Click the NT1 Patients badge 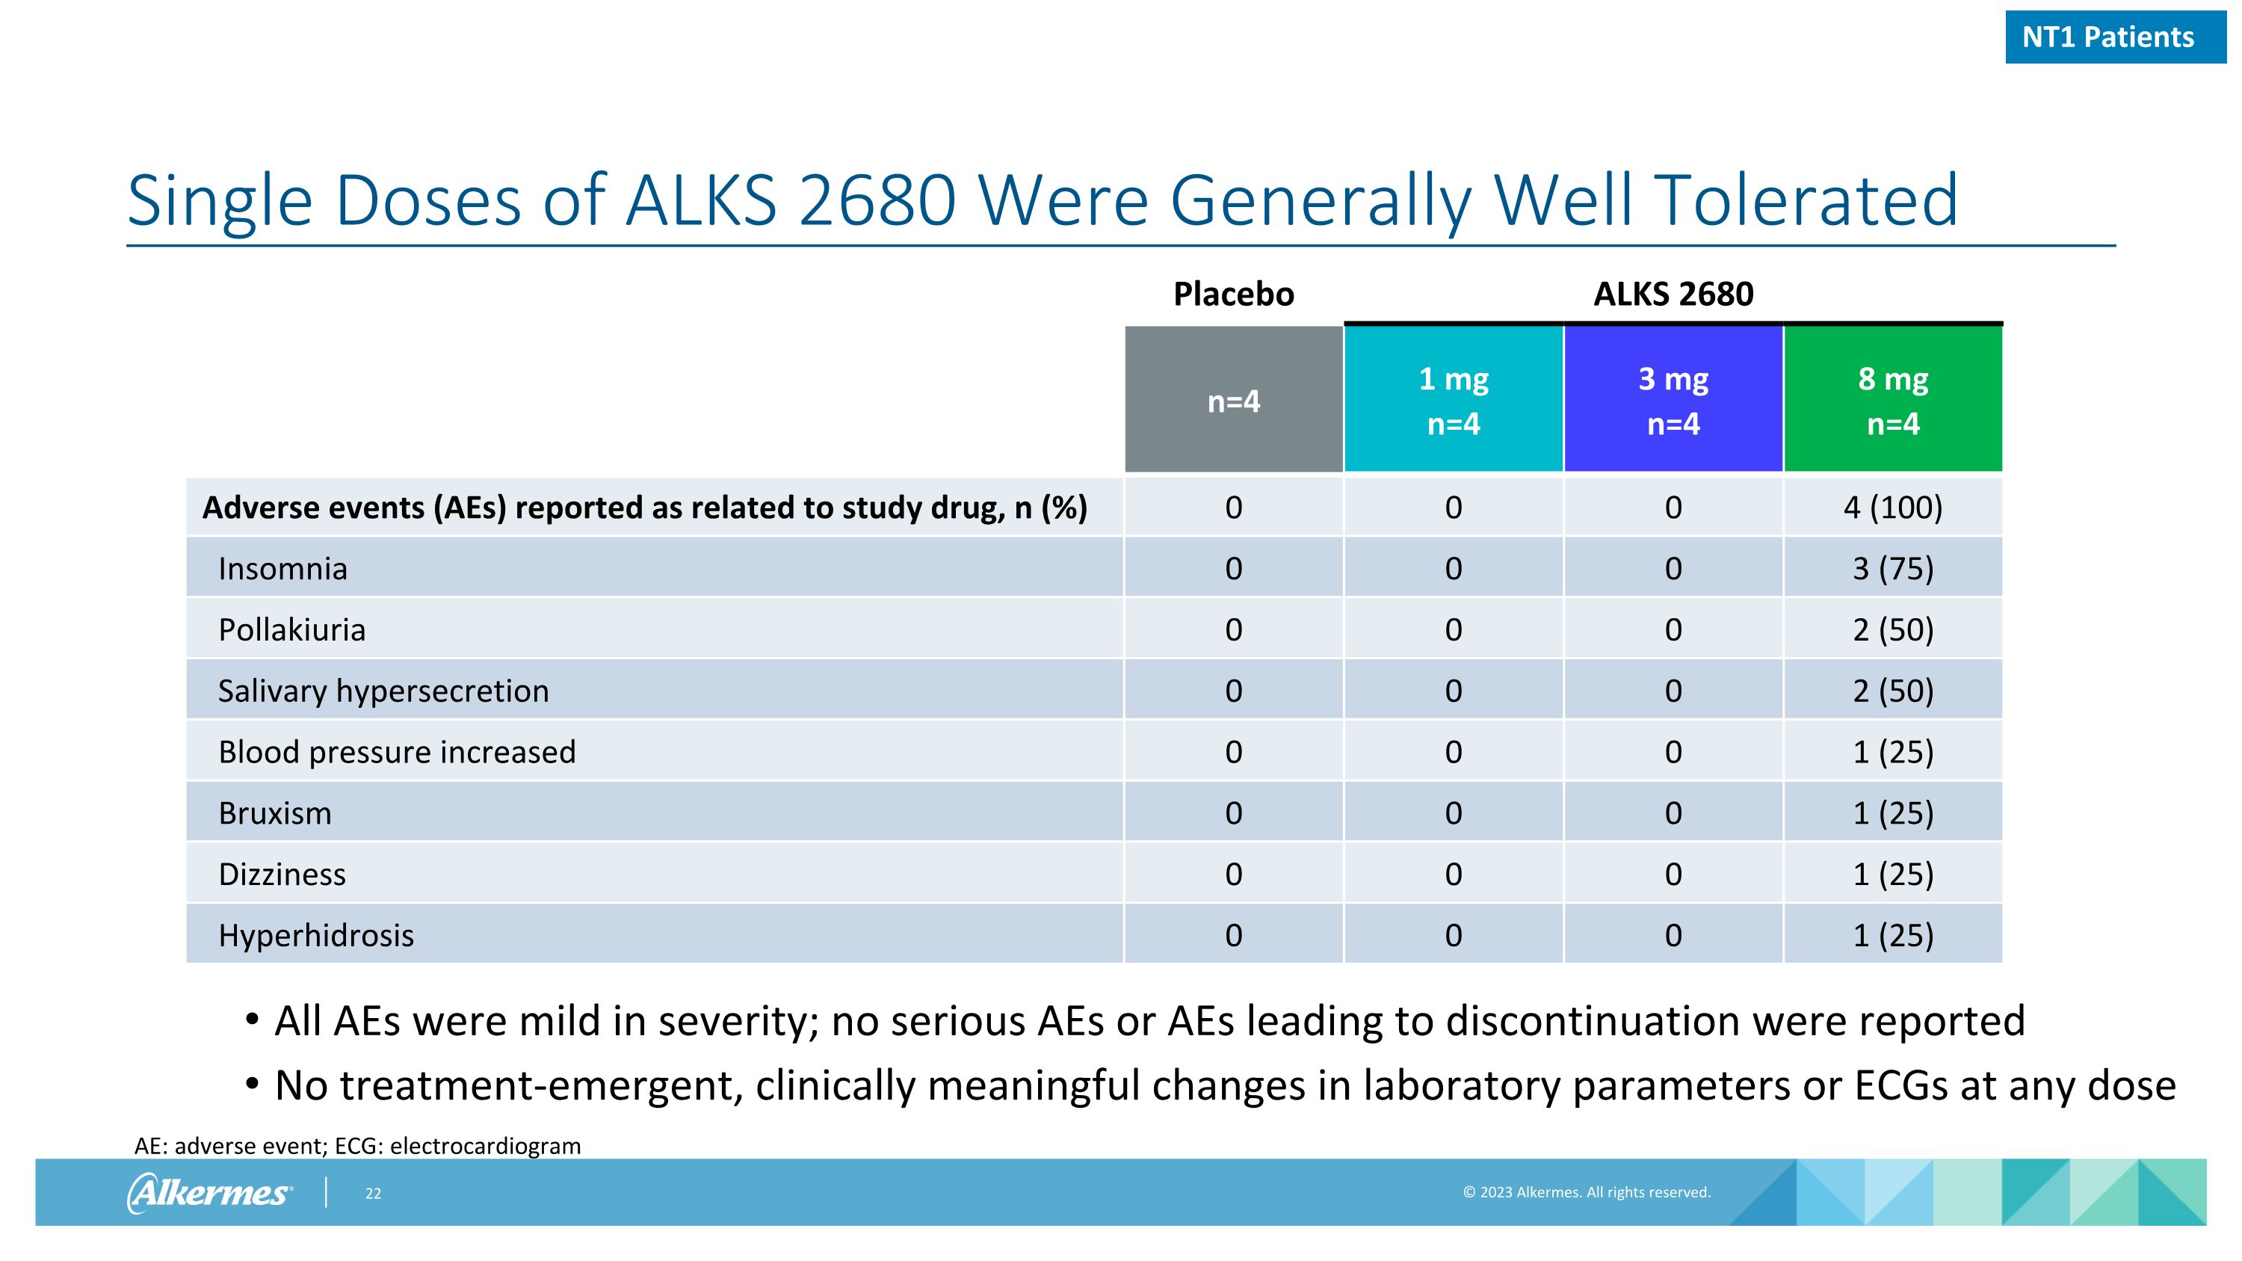[x=2115, y=37]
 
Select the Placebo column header [x=1233, y=295]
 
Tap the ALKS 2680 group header [x=1673, y=295]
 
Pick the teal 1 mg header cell [x=1454, y=401]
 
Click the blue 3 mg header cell [x=1673, y=401]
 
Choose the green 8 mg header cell [x=1893, y=401]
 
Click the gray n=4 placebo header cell [x=1233, y=401]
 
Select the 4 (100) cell [x=1893, y=508]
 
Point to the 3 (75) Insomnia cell [x=1893, y=568]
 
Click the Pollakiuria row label [x=291, y=629]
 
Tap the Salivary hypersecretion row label [x=383, y=691]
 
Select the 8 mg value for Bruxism [x=1893, y=813]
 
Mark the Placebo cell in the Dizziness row [x=1233, y=874]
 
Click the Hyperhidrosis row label [x=316, y=936]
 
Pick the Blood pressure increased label [x=397, y=752]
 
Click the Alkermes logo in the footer [x=210, y=1192]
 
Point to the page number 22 [x=374, y=1193]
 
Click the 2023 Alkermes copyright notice [x=1586, y=1192]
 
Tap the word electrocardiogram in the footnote [x=485, y=1146]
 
